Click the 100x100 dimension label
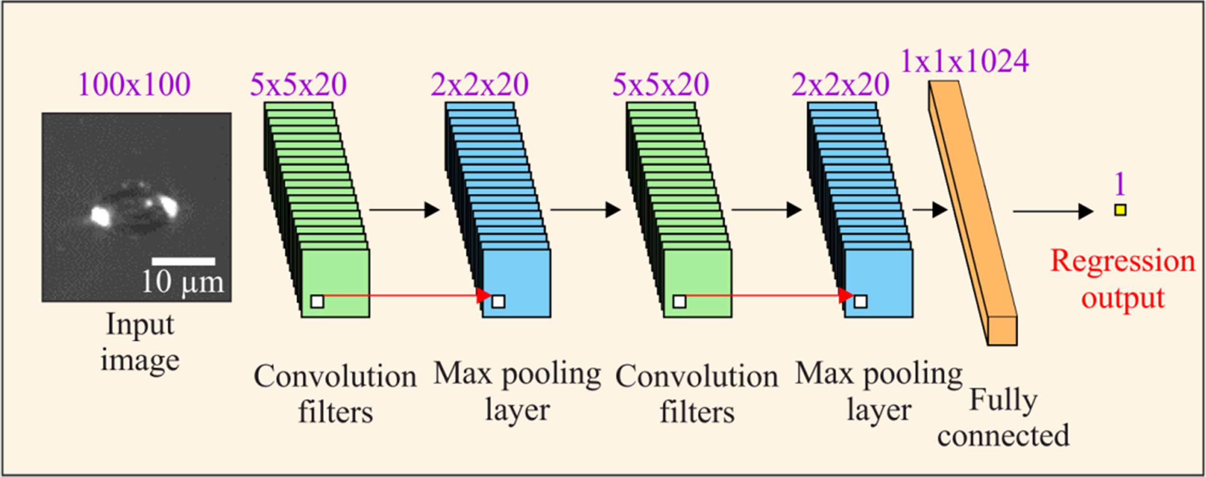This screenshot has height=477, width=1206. pyautogui.click(x=135, y=85)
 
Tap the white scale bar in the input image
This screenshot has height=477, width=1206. pyautogui.click(x=183, y=261)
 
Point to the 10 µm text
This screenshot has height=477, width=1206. pyautogui.click(x=183, y=282)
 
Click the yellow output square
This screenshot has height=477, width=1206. pyautogui.click(x=1120, y=210)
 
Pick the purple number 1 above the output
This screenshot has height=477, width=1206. pyautogui.click(x=1120, y=184)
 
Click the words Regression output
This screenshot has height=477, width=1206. pyautogui.click(x=1123, y=279)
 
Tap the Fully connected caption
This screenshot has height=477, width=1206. pyautogui.click(x=1003, y=418)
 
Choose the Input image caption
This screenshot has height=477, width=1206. pyautogui.click(x=140, y=342)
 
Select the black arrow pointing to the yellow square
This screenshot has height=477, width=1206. pyautogui.click(x=1053, y=211)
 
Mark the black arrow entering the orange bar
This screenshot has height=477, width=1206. pyautogui.click(x=930, y=210)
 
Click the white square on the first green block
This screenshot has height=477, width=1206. pyautogui.click(x=317, y=301)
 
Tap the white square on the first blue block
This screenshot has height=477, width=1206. pyautogui.click(x=498, y=301)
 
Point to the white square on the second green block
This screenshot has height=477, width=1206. pyautogui.click(x=679, y=301)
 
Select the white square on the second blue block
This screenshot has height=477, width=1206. pyautogui.click(x=860, y=301)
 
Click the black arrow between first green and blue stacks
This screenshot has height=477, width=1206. pyautogui.click(x=404, y=210)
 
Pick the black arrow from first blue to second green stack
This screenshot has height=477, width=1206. pyautogui.click(x=585, y=210)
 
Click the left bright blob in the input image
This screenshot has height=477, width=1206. pyautogui.click(x=101, y=216)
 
